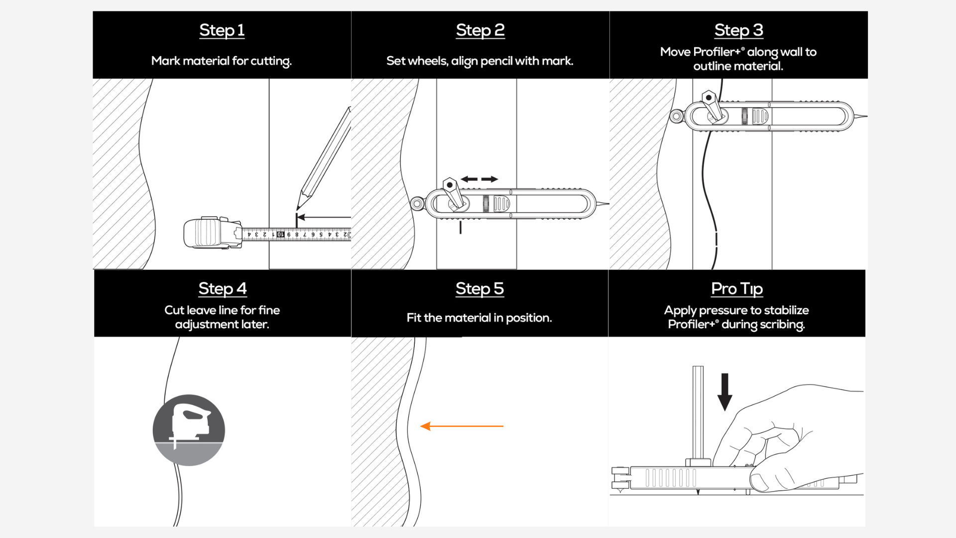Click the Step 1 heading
(222, 30)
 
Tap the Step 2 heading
(480, 30)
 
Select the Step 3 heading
(738, 30)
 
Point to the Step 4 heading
(222, 288)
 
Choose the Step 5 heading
(479, 288)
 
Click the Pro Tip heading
(737, 289)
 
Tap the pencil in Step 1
(324, 158)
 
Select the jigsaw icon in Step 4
(189, 430)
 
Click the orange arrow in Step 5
(462, 426)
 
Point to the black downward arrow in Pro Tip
(724, 392)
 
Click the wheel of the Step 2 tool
(417, 204)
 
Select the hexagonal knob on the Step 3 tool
(708, 98)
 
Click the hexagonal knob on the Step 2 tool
(450, 185)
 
